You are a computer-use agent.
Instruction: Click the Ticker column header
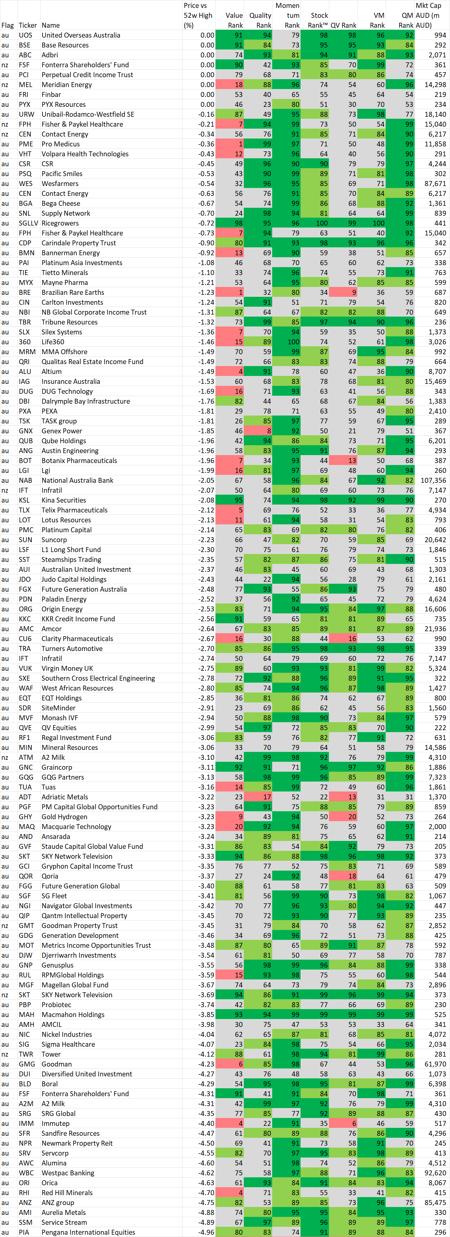[x=27, y=25]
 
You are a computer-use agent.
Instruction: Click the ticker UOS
[x=25, y=35]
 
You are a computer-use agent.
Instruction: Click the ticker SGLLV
[x=28, y=223]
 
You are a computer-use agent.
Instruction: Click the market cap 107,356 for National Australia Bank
[x=433, y=480]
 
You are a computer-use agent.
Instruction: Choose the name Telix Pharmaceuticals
[x=75, y=510]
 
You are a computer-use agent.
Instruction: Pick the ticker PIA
[x=24, y=1232]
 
